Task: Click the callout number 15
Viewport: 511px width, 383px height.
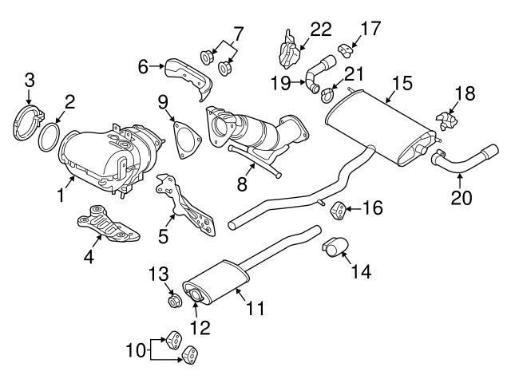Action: pos(402,82)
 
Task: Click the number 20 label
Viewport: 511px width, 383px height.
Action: pos(461,197)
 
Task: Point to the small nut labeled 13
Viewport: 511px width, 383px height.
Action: pos(174,302)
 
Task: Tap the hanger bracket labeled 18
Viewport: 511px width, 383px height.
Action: pos(446,120)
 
